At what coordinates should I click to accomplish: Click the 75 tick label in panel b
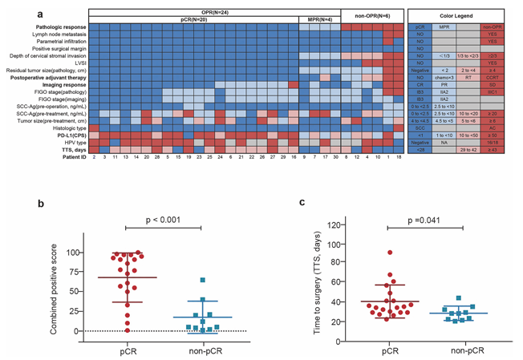coord(78,272)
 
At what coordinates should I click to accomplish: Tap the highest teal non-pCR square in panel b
coord(204,281)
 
